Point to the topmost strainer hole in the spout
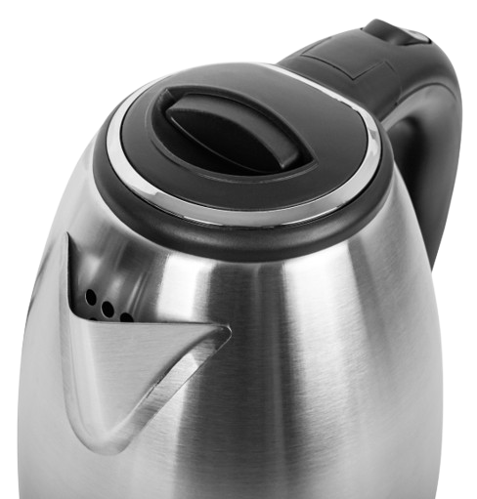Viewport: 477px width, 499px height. coord(90,294)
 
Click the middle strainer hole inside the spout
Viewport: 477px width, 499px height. coord(107,307)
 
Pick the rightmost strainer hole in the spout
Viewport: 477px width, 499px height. coord(127,315)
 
